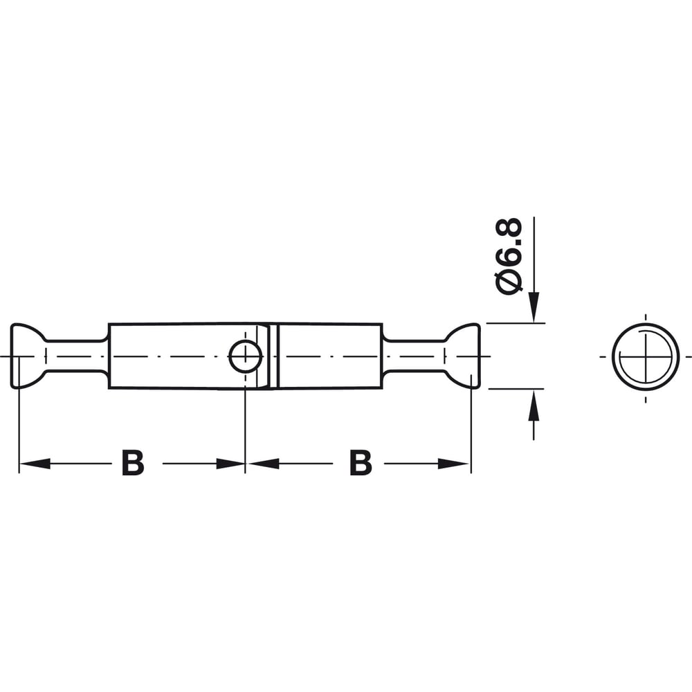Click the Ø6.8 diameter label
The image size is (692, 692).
pyautogui.click(x=509, y=257)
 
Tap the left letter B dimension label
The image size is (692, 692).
pyautogui.click(x=133, y=463)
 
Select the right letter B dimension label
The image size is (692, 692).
pyautogui.click(x=361, y=463)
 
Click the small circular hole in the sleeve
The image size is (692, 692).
pyautogui.click(x=246, y=356)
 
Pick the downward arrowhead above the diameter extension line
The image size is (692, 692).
pyautogui.click(x=534, y=307)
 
